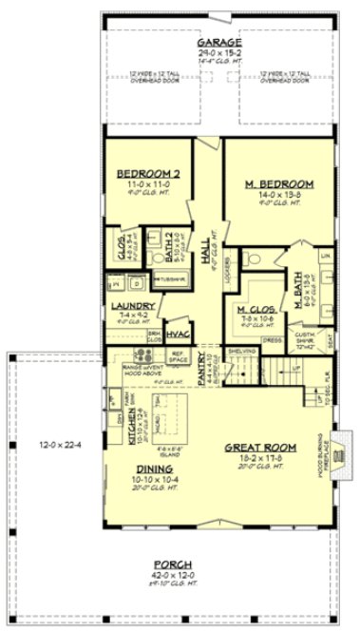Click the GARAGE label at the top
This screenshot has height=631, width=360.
click(x=218, y=43)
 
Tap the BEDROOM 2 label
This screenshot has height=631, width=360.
click(x=143, y=173)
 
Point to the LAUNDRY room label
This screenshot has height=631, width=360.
click(x=132, y=305)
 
